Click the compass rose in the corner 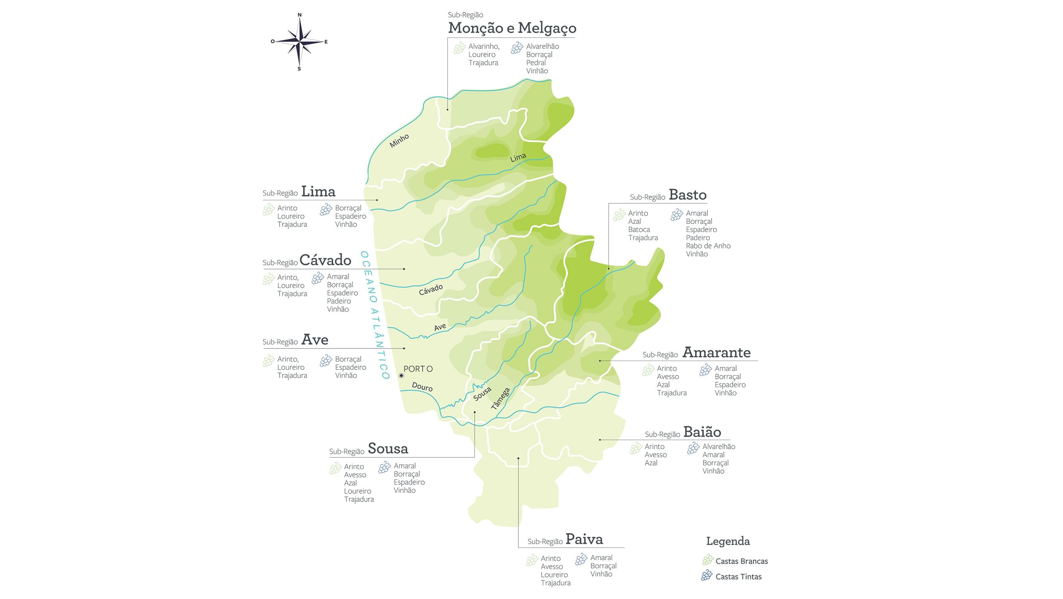click(x=299, y=42)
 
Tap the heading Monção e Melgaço click(x=512, y=28)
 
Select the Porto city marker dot click(x=401, y=375)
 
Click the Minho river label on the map click(x=399, y=141)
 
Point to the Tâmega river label click(x=501, y=399)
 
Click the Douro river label click(x=422, y=387)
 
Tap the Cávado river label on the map click(x=431, y=289)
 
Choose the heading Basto click(x=687, y=195)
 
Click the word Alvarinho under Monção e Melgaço click(x=483, y=46)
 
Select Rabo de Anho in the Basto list click(x=708, y=246)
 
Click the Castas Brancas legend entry click(x=741, y=561)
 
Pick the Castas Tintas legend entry click(x=738, y=577)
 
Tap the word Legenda click(x=728, y=541)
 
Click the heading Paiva click(x=584, y=539)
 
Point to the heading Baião click(x=702, y=432)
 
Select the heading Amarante click(x=716, y=352)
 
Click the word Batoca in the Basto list click(x=639, y=229)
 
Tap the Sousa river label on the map click(x=482, y=394)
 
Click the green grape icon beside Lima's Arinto click(x=268, y=210)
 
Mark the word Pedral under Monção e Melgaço click(x=536, y=63)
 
